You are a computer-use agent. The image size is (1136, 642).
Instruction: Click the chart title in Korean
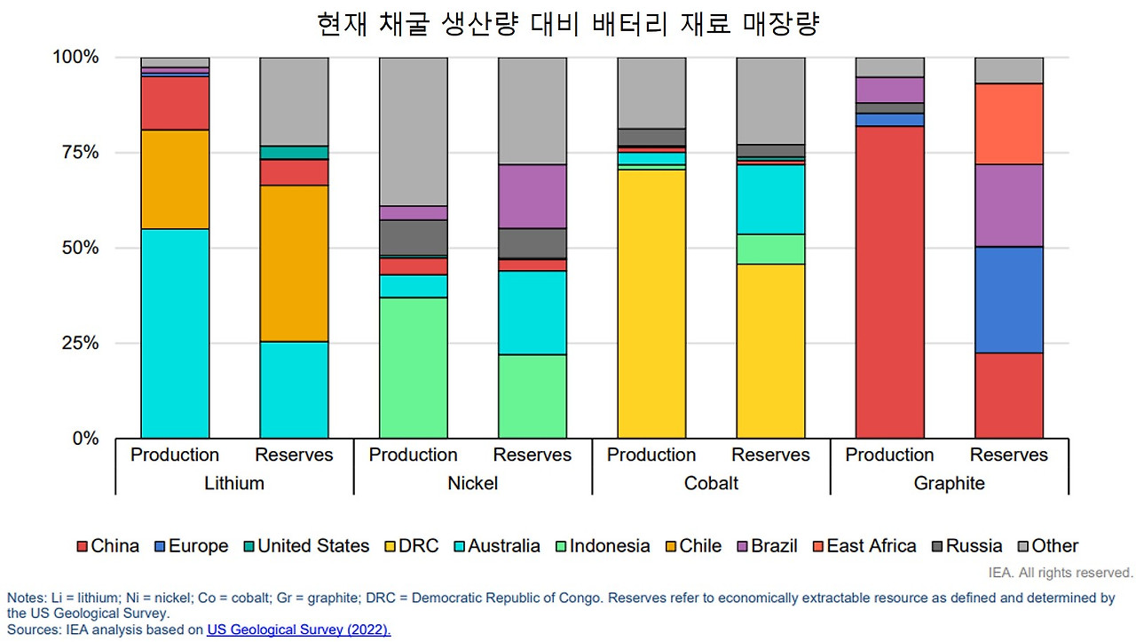pyautogui.click(x=567, y=24)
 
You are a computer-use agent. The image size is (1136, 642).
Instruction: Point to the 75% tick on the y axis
pyautogui.click(x=75, y=153)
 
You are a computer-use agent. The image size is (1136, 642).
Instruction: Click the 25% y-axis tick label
pyautogui.click(x=75, y=344)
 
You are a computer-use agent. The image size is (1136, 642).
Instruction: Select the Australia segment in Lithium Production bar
pyautogui.click(x=175, y=333)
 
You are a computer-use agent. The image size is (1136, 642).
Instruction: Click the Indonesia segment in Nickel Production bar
pyautogui.click(x=413, y=367)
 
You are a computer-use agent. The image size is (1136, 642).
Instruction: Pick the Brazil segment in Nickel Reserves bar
pyautogui.click(x=532, y=196)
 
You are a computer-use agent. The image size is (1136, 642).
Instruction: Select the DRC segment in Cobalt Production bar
pyautogui.click(x=651, y=303)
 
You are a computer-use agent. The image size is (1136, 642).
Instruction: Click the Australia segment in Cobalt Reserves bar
pyautogui.click(x=770, y=199)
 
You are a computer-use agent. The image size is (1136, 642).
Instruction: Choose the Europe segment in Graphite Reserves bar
pyautogui.click(x=1008, y=299)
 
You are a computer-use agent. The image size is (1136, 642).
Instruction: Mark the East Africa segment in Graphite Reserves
pyautogui.click(x=1008, y=123)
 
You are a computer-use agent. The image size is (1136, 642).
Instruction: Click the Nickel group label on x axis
pyautogui.click(x=472, y=483)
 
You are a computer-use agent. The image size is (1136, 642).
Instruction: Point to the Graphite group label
pyautogui.click(x=949, y=483)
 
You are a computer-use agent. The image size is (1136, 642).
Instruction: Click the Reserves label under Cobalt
pyautogui.click(x=770, y=455)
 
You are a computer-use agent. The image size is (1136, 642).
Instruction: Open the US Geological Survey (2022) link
pyautogui.click(x=298, y=630)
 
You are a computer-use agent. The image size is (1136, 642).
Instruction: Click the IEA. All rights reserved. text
pyautogui.click(x=1061, y=573)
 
